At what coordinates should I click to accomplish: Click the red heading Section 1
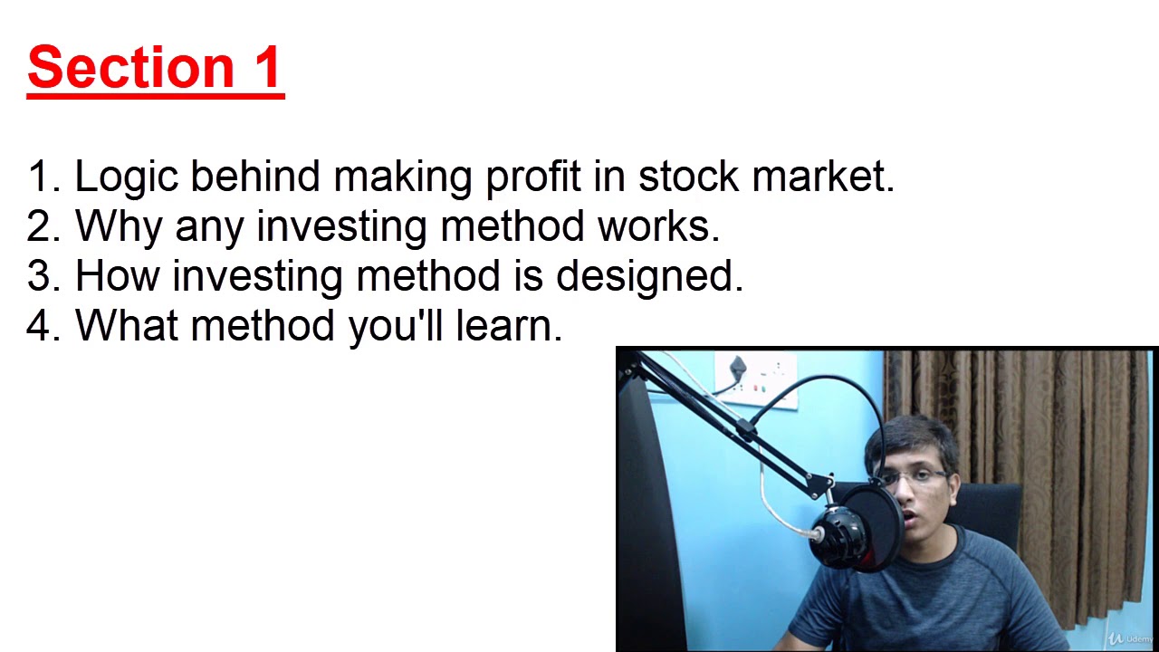click(x=156, y=68)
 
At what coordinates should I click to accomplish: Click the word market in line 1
click(x=822, y=177)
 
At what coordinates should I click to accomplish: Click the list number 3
click(x=38, y=276)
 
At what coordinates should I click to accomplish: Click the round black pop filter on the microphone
click(x=869, y=530)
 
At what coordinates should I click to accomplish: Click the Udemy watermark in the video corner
click(x=1132, y=638)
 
